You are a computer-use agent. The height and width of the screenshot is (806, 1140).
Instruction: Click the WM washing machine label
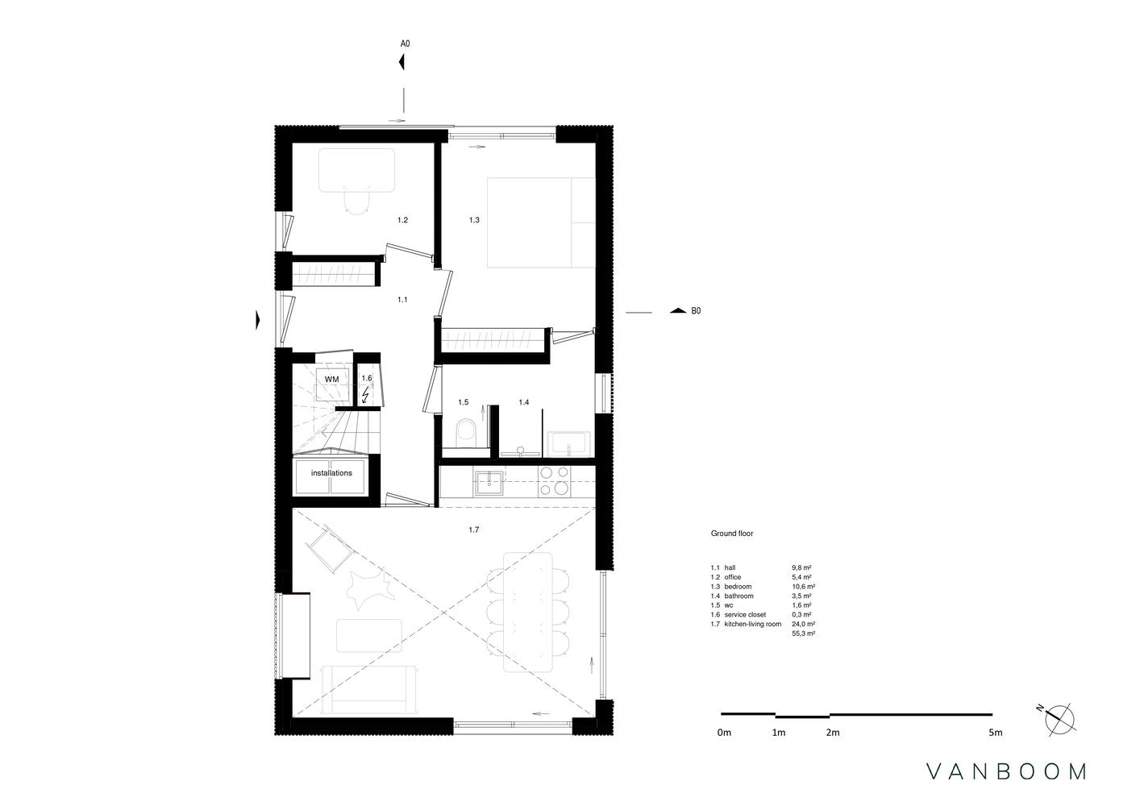tap(331, 380)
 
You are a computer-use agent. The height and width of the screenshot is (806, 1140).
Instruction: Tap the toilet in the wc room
tap(464, 430)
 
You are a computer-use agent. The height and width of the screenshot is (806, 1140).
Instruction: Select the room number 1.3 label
tap(474, 220)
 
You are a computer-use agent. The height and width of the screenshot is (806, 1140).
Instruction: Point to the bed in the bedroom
tap(541, 222)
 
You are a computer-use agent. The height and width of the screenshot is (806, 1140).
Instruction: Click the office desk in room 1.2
tap(357, 170)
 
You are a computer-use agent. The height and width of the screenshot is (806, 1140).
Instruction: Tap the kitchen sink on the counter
tap(489, 484)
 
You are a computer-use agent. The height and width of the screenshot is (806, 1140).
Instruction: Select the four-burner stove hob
tap(555, 481)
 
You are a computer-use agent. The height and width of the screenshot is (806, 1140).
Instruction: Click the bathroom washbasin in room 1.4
tap(569, 444)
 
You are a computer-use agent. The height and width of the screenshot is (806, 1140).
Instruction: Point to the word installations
tap(331, 473)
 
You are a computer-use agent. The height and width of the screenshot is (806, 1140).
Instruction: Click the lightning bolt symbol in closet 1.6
tap(365, 395)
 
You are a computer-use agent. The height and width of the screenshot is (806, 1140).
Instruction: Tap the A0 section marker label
tap(405, 44)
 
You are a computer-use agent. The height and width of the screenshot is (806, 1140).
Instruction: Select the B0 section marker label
tap(696, 311)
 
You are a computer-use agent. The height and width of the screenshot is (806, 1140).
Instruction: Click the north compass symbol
tap(1059, 720)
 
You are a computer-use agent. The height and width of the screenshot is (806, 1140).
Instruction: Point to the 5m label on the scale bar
tap(996, 733)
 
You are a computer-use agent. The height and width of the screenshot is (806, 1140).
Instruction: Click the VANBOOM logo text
tap(1006, 771)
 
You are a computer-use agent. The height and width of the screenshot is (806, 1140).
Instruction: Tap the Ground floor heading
tap(732, 534)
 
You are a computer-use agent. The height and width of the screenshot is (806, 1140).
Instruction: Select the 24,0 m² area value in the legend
tap(804, 624)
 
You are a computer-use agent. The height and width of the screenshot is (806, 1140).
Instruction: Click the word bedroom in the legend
tap(738, 587)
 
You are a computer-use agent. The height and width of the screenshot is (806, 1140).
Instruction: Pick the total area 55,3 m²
tap(804, 634)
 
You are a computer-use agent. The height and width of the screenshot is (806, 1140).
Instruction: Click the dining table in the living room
tap(528, 612)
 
